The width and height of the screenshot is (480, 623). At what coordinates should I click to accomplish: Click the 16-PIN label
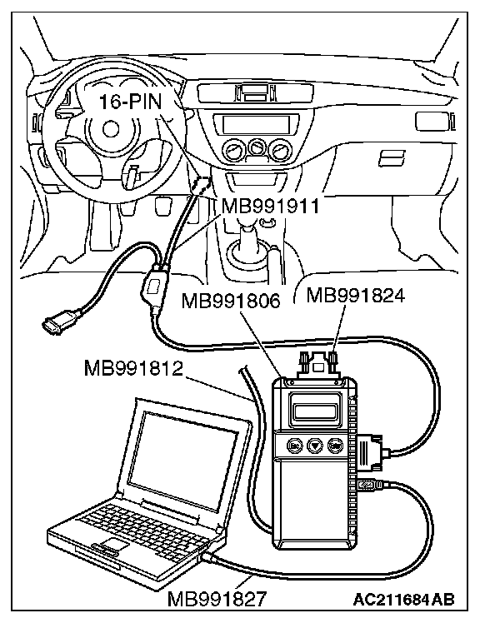(x=131, y=102)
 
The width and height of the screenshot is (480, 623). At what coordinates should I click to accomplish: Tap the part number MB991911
(x=271, y=207)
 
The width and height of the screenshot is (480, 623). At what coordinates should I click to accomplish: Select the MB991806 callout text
(x=231, y=301)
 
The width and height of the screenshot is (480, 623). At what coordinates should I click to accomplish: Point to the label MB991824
(x=356, y=295)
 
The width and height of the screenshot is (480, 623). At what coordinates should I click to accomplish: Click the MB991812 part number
(x=133, y=368)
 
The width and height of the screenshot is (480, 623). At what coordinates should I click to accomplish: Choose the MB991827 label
(x=217, y=598)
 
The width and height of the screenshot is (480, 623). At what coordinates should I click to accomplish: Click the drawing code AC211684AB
(x=404, y=599)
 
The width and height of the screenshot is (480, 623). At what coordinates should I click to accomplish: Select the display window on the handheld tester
(x=315, y=412)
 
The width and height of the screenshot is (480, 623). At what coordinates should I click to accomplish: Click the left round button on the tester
(x=295, y=446)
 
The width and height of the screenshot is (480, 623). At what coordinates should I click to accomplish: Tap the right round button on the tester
(x=336, y=446)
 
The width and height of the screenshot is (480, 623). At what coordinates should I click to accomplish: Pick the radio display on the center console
(x=257, y=124)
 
